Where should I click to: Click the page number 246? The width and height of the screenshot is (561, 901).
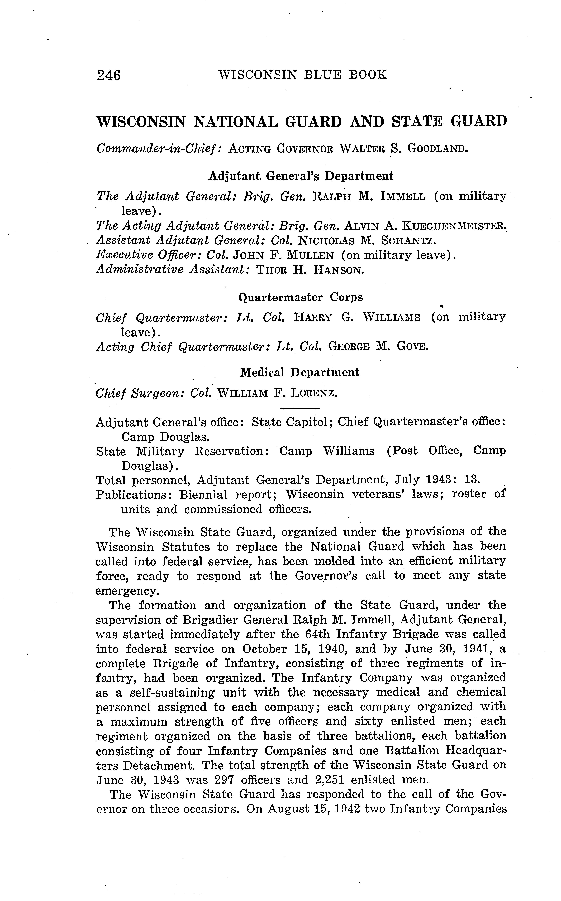point(109,75)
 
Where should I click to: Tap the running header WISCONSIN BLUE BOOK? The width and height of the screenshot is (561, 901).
point(302,75)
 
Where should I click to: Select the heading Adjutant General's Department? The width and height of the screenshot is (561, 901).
point(301,176)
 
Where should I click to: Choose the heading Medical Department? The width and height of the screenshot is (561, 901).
point(300,372)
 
